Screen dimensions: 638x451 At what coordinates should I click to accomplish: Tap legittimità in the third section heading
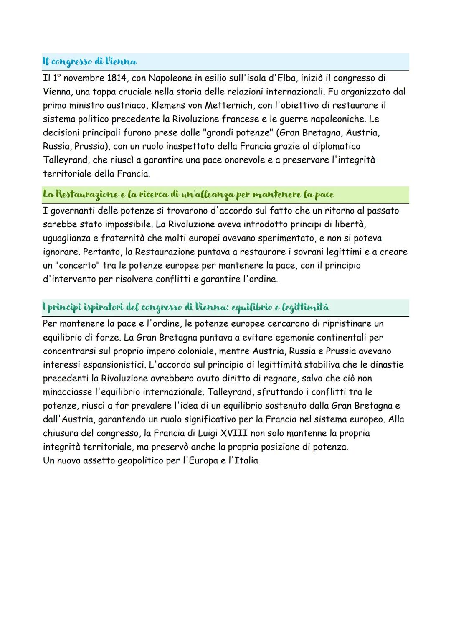(306, 308)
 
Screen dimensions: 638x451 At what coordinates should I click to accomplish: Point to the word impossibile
(128, 225)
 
